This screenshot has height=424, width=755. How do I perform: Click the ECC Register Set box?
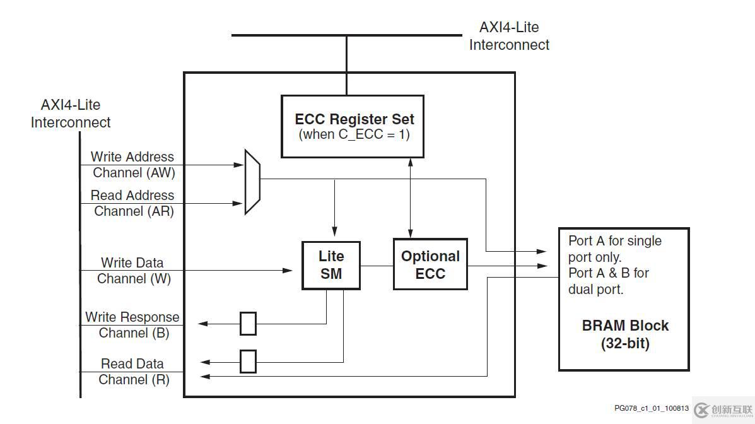pyautogui.click(x=352, y=126)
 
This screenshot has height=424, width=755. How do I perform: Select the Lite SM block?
pyautogui.click(x=331, y=265)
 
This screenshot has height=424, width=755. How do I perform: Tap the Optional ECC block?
pyautogui.click(x=430, y=264)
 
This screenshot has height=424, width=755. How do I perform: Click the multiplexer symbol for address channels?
pyautogui.click(x=252, y=182)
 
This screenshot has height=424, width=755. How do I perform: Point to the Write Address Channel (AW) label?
pyautogui.click(x=132, y=165)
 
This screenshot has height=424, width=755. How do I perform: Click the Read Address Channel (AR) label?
pyautogui.click(x=132, y=203)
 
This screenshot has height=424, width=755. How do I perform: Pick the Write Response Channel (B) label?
pyautogui.click(x=132, y=325)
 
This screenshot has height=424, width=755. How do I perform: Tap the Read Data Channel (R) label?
pyautogui.click(x=133, y=372)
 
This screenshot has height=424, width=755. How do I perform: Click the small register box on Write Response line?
pyautogui.click(x=248, y=324)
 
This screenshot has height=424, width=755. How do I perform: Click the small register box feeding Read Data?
pyautogui.click(x=248, y=362)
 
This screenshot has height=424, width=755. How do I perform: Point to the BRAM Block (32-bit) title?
pyautogui.click(x=625, y=334)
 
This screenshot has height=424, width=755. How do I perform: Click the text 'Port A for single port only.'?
pyautogui.click(x=614, y=249)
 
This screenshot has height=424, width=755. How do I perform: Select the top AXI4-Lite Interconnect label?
pyautogui.click(x=509, y=36)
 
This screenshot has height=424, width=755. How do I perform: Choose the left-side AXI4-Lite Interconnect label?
pyautogui.click(x=71, y=114)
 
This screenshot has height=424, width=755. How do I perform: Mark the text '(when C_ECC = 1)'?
pyautogui.click(x=354, y=134)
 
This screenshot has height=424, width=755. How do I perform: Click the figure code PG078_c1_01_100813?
pyautogui.click(x=652, y=408)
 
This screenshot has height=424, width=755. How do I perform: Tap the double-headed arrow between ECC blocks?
pyautogui.click(x=411, y=197)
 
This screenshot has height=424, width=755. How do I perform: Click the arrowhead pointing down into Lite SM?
pyautogui.click(x=335, y=230)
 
